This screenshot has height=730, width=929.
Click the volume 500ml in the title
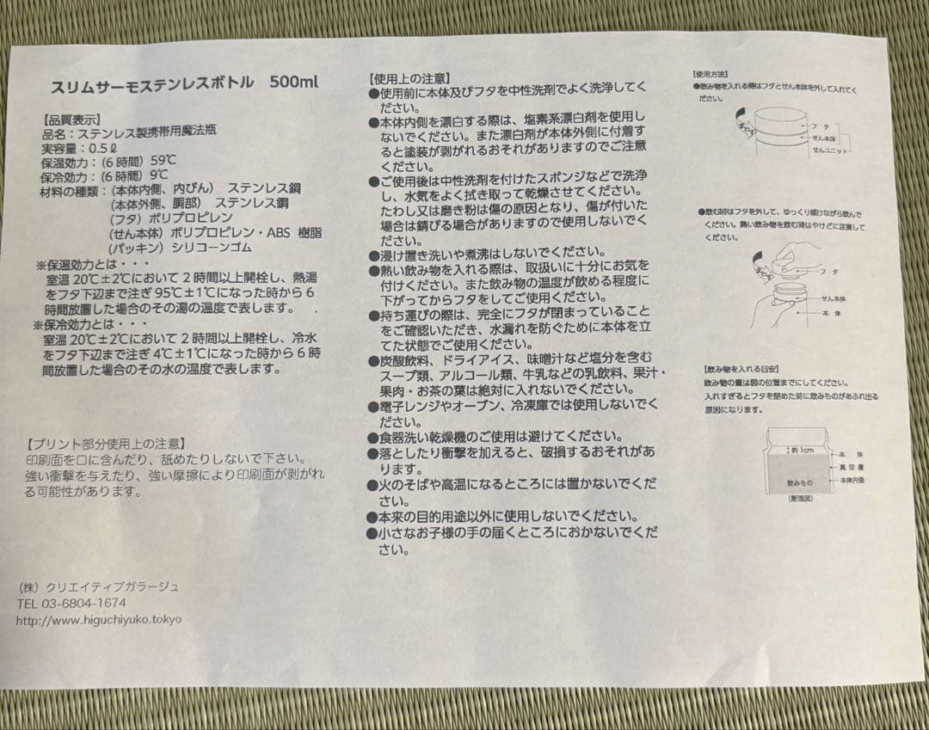tap(293, 83)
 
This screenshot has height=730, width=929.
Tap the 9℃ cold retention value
tap(159, 175)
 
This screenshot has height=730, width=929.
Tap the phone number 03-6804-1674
tap(83, 603)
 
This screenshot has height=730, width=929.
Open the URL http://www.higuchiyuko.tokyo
tap(99, 619)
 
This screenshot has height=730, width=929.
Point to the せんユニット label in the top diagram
tap(830, 149)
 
